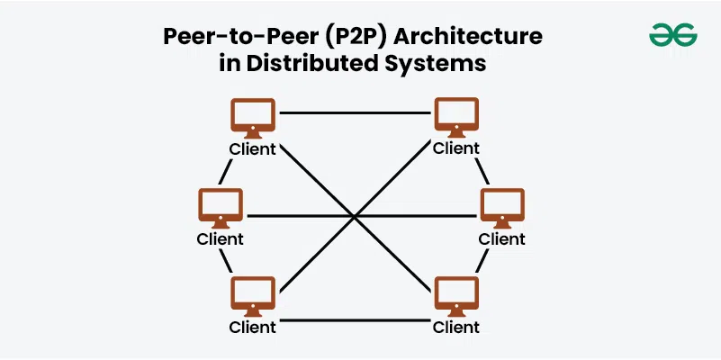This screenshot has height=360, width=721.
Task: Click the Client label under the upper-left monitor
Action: point(253,148)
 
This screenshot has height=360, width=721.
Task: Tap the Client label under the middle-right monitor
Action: point(501,239)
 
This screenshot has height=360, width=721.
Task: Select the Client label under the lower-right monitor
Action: point(455,327)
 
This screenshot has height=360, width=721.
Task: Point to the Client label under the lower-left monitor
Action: point(253,327)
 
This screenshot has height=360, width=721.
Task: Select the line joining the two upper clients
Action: point(355,113)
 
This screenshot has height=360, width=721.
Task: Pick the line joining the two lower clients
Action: point(355,317)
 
